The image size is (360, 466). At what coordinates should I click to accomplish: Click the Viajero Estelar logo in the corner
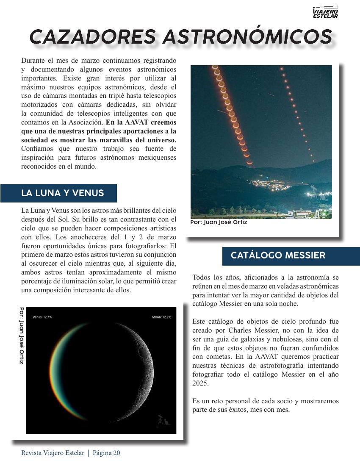(325, 12)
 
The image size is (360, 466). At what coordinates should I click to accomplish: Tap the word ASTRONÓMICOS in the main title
(247, 37)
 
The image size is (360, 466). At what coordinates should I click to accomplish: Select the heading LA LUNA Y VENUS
(62, 193)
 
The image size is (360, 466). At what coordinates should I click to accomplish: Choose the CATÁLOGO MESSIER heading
(278, 255)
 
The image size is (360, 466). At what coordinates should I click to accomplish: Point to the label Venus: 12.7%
(42, 317)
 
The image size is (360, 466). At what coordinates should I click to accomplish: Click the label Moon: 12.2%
(161, 317)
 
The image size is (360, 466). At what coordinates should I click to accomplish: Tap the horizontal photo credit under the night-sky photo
(219, 222)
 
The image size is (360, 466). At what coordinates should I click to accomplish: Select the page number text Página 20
(106, 453)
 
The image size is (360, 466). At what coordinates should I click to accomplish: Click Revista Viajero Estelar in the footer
(53, 453)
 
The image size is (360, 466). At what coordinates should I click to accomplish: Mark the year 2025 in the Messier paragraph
(200, 383)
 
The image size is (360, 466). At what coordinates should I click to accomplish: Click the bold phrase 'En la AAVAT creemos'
(141, 122)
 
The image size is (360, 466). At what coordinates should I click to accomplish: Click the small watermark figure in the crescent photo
(163, 420)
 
